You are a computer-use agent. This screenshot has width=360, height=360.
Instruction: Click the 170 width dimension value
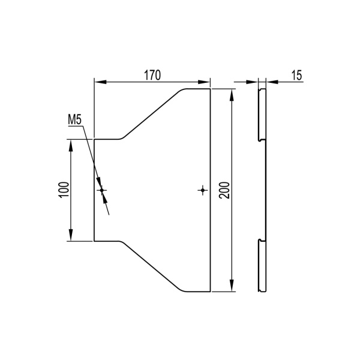(x=152, y=76)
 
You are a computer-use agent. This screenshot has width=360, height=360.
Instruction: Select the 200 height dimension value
(x=224, y=190)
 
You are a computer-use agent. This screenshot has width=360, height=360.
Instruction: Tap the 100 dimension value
(x=64, y=190)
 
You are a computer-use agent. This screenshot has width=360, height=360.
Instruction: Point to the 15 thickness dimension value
(x=297, y=76)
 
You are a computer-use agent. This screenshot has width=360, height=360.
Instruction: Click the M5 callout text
(x=74, y=120)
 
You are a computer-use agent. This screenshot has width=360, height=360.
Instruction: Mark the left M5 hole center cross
(x=102, y=190)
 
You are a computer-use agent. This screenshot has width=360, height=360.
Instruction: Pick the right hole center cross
(x=203, y=190)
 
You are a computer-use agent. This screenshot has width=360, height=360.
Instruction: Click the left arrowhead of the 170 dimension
(x=101, y=82)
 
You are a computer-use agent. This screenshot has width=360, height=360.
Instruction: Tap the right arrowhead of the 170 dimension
(x=204, y=82)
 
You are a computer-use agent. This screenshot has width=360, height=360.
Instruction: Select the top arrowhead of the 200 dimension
(x=232, y=95)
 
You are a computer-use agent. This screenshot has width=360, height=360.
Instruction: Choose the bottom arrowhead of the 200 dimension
(x=232, y=286)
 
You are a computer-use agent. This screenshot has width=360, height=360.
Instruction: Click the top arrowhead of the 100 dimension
(x=71, y=146)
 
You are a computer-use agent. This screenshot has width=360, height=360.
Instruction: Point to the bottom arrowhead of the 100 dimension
(x=71, y=235)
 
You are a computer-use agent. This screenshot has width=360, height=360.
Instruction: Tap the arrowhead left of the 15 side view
(x=252, y=82)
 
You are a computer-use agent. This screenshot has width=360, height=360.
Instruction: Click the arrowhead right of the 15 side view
(x=272, y=82)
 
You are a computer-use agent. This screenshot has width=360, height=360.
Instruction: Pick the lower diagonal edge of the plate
(x=152, y=266)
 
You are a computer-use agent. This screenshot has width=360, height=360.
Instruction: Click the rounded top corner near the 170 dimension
(x=182, y=89)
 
